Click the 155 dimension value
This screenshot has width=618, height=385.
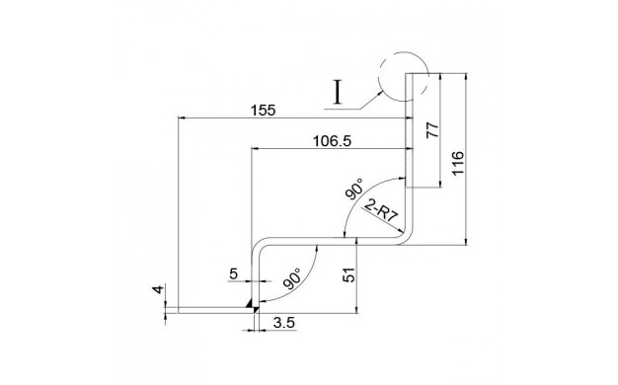click(x=263, y=111)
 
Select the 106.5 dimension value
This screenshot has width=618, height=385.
click(x=332, y=141)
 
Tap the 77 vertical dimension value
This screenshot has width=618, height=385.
click(x=432, y=130)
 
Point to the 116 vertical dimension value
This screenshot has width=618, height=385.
click(x=458, y=163)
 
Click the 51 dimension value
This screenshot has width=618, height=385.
click(x=349, y=275)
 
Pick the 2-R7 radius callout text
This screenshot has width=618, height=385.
click(x=381, y=211)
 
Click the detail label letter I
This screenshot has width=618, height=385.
click(x=337, y=92)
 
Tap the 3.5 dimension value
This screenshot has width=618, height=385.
click(x=283, y=323)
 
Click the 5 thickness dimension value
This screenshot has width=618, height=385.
click(x=234, y=273)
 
